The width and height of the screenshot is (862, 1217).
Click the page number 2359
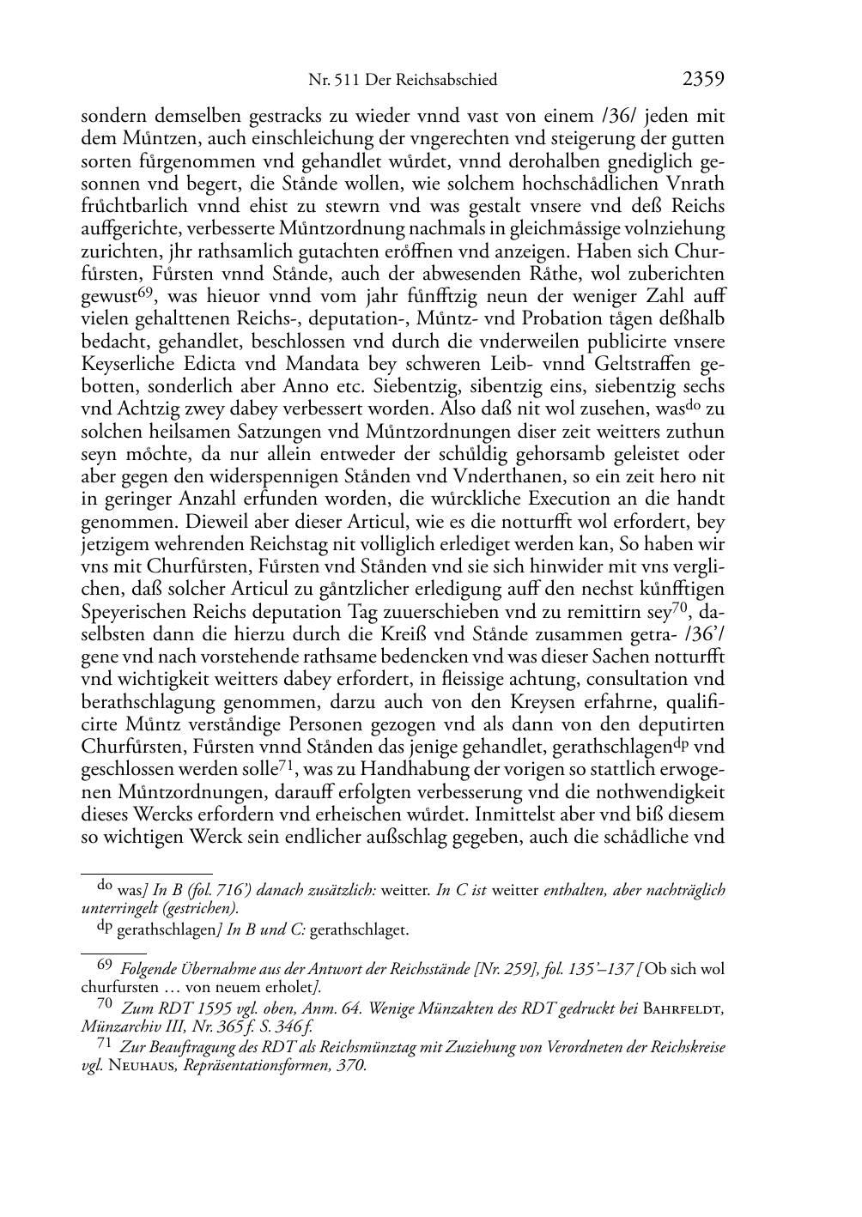coord(703,80)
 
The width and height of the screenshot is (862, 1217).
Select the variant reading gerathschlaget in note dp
coord(359,929)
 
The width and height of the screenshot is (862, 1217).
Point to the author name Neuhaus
coord(140,1067)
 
